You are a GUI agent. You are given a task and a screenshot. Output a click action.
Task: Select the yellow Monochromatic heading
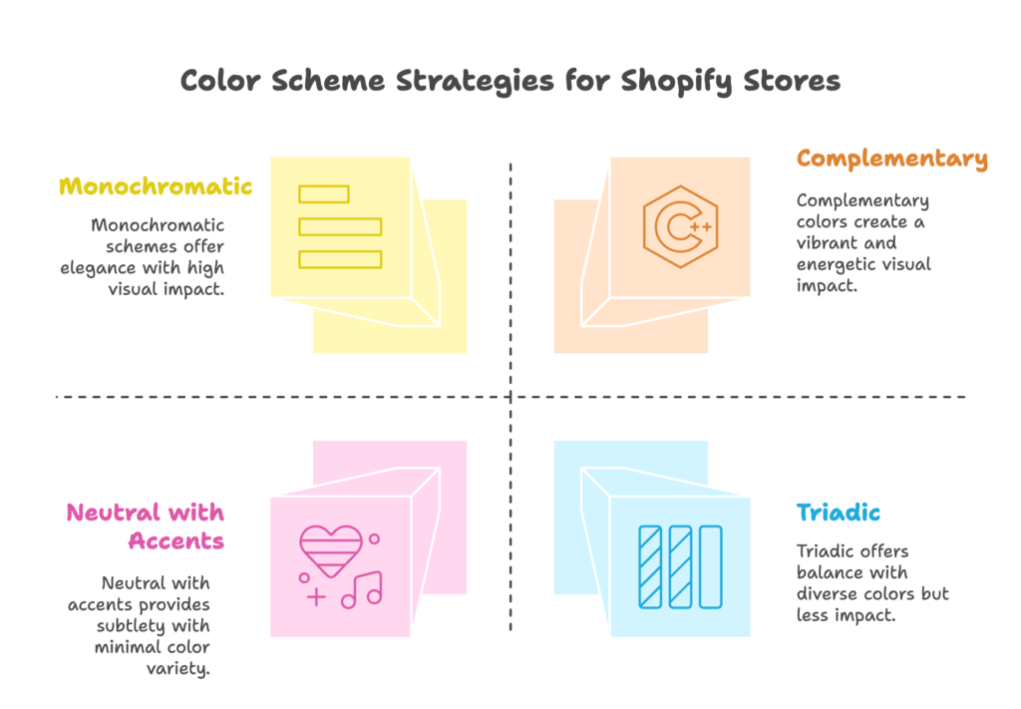(x=156, y=186)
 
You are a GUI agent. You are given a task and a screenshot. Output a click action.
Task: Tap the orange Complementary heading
(x=891, y=159)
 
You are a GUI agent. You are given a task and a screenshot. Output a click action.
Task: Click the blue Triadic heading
(x=839, y=514)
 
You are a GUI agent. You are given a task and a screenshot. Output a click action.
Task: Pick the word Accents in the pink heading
(x=175, y=541)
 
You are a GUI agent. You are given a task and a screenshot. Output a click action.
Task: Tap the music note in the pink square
(x=362, y=588)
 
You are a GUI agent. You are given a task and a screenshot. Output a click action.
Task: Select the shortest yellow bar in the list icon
(x=324, y=193)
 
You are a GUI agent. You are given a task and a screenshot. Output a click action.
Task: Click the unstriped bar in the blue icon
(x=711, y=566)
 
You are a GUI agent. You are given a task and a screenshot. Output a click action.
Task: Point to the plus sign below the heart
(x=316, y=597)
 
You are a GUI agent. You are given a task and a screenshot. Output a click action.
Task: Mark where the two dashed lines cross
(x=510, y=397)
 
